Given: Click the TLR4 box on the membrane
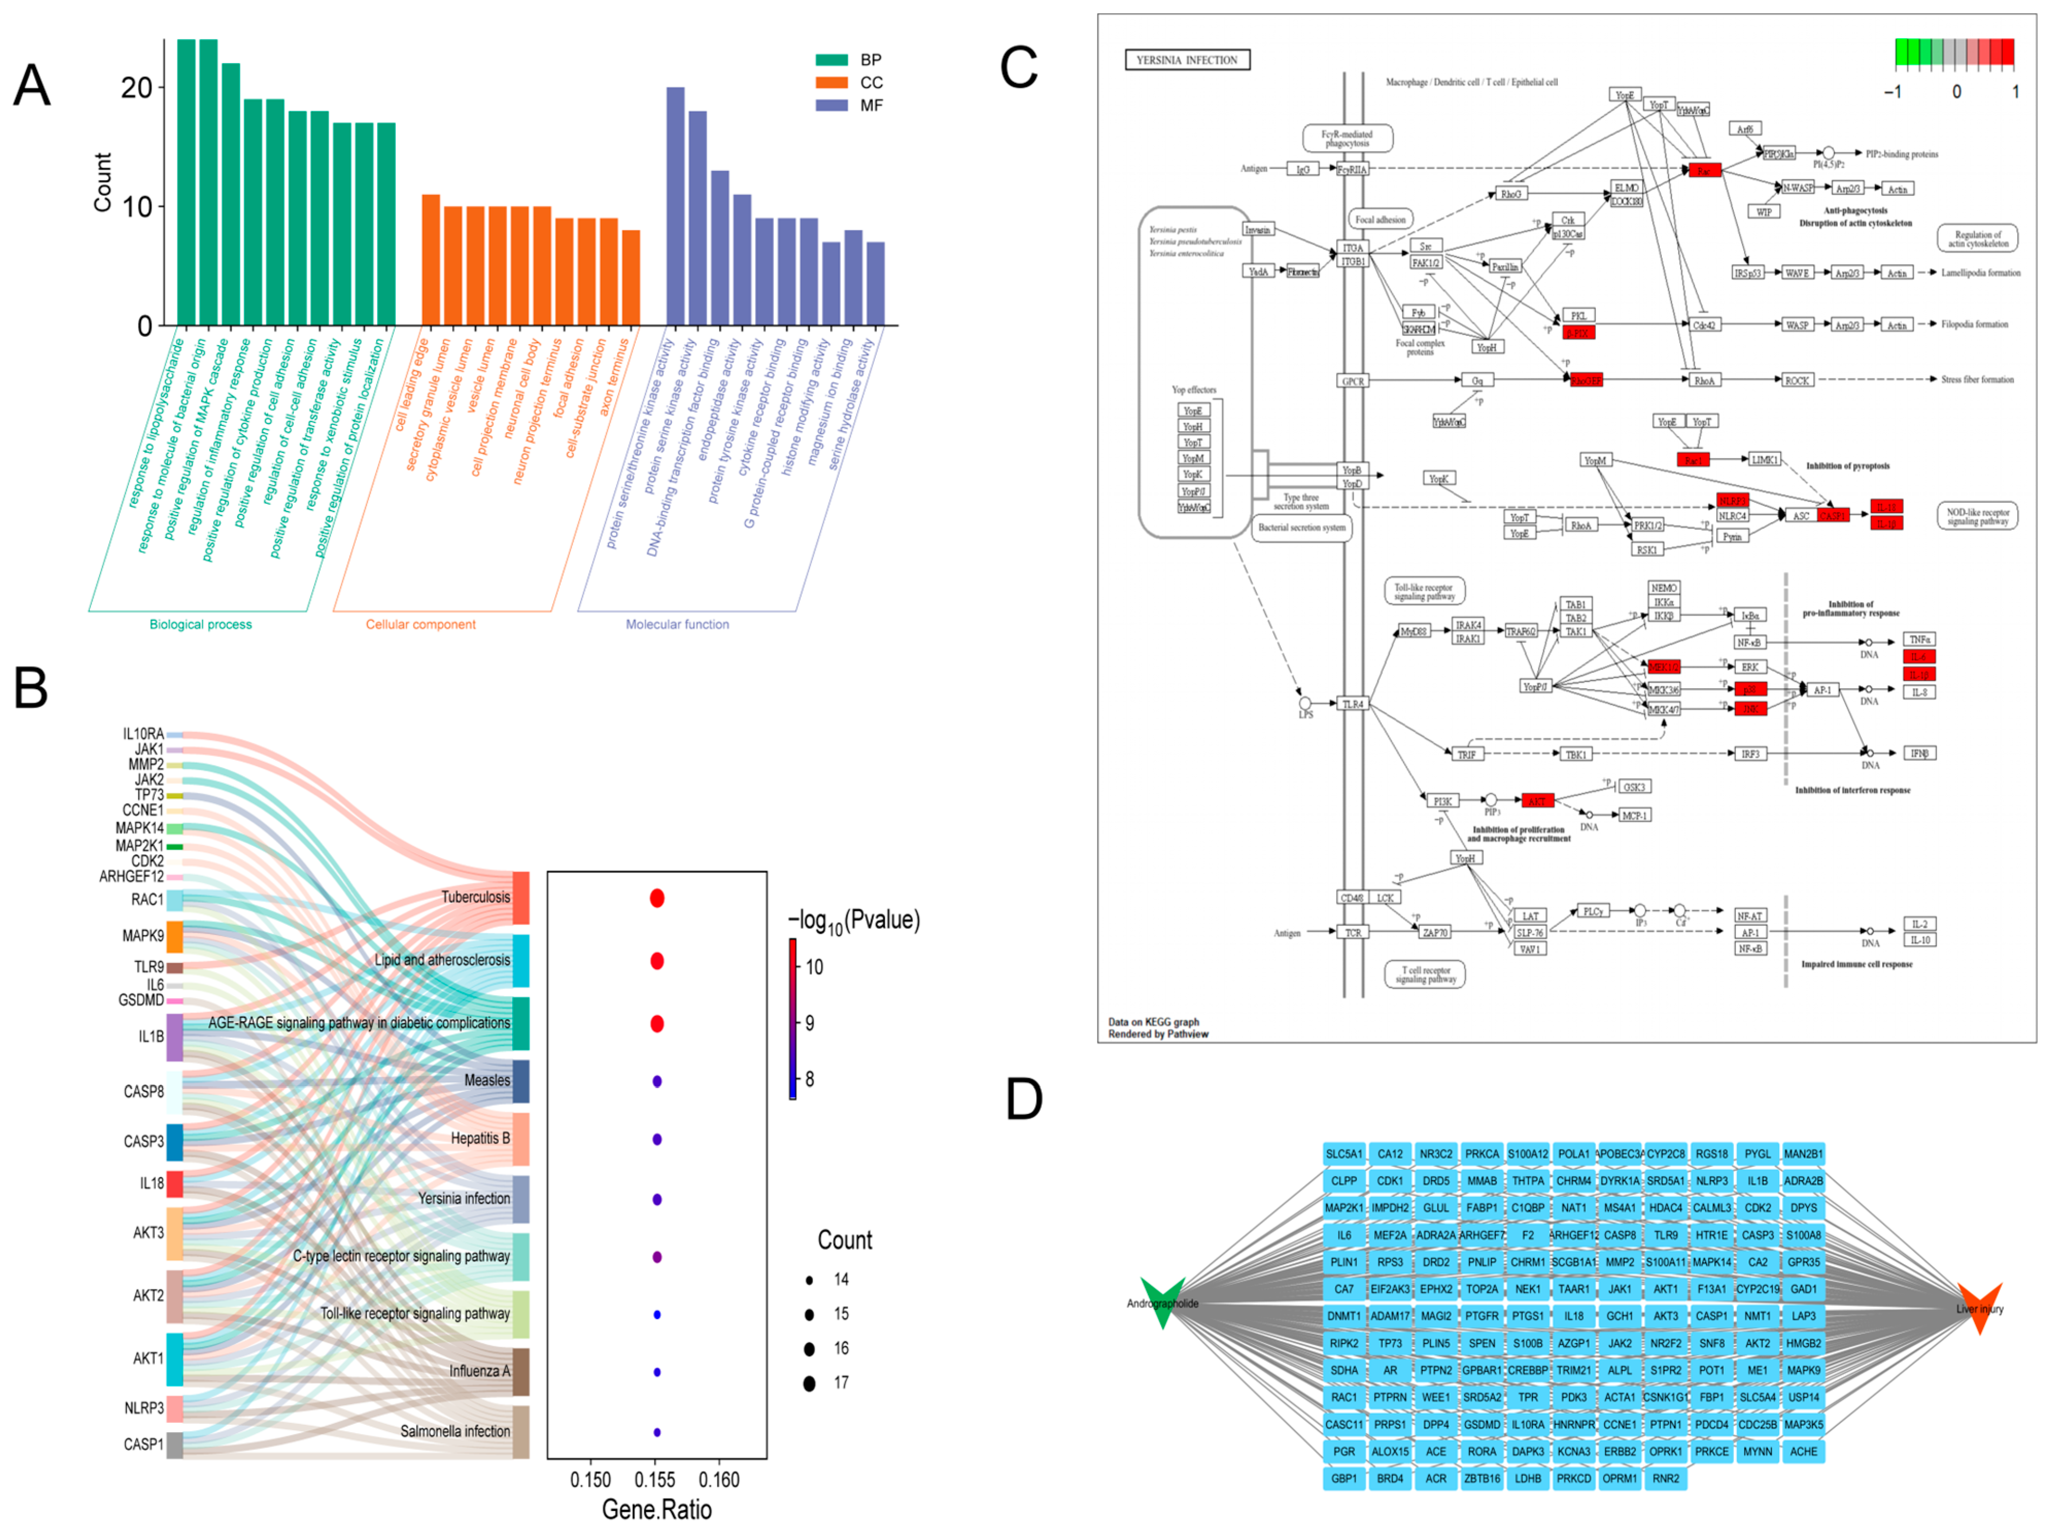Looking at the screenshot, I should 1353,704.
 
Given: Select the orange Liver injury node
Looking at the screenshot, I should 1981,1308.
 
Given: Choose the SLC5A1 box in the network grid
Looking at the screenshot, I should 1344,1154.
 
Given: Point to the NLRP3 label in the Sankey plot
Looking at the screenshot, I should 144,1408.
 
